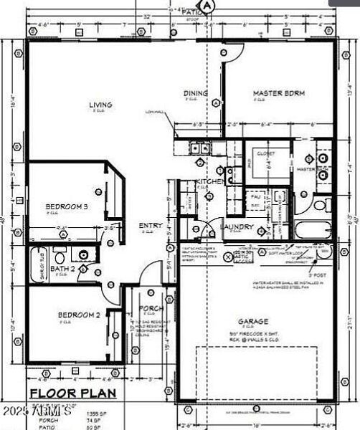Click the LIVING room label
pos(100,105)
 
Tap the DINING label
pos(196,93)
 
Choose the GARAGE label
pos(254,322)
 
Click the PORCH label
pos(151,310)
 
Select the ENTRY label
pos(151,225)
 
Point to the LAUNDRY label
pos(237,227)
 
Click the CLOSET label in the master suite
pos(266,153)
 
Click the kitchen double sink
pos(198,149)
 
